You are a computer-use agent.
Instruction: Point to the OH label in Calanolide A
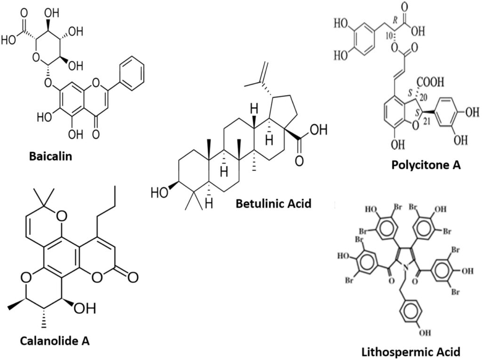(x=86, y=308)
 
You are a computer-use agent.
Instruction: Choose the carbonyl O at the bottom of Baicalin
(x=96, y=136)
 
